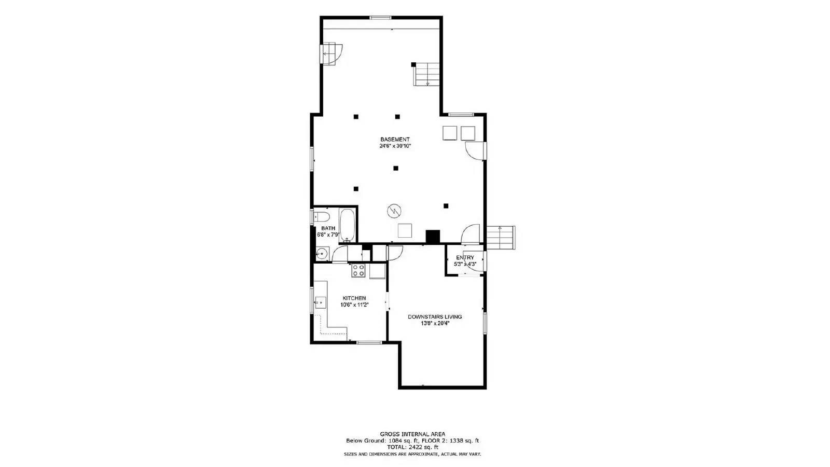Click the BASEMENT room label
(x=395, y=139)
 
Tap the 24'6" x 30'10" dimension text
(x=395, y=146)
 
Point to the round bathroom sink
(x=322, y=254)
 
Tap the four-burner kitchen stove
(x=358, y=270)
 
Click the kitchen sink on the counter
(x=320, y=301)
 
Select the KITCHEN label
(x=354, y=298)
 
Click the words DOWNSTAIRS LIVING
(x=435, y=317)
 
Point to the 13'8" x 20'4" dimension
(x=435, y=323)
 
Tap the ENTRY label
(x=465, y=257)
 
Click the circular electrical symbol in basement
(x=394, y=211)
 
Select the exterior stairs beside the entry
(x=501, y=237)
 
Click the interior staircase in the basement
(x=427, y=74)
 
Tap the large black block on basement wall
(x=433, y=236)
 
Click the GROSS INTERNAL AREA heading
(x=412, y=434)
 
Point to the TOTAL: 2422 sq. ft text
(x=412, y=447)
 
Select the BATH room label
(x=328, y=228)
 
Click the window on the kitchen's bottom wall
(x=369, y=342)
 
